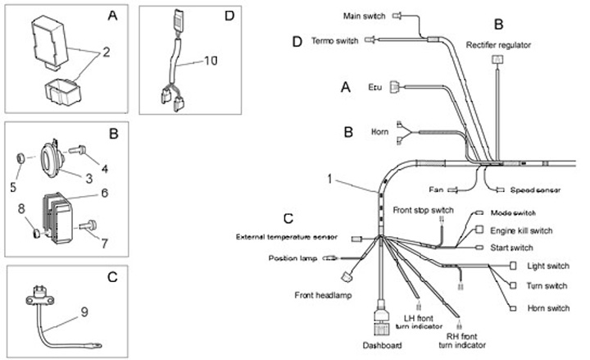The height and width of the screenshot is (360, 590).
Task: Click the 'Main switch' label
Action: coord(363,14)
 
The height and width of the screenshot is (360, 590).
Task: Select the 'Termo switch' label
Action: coord(335,39)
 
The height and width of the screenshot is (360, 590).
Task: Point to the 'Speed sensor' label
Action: coord(535,190)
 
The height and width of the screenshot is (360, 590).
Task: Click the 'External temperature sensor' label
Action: coord(287,238)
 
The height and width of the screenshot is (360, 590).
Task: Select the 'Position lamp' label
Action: coord(291,258)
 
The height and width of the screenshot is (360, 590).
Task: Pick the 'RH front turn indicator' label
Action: coord(461,341)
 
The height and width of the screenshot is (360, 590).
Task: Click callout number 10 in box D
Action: coord(211,61)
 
